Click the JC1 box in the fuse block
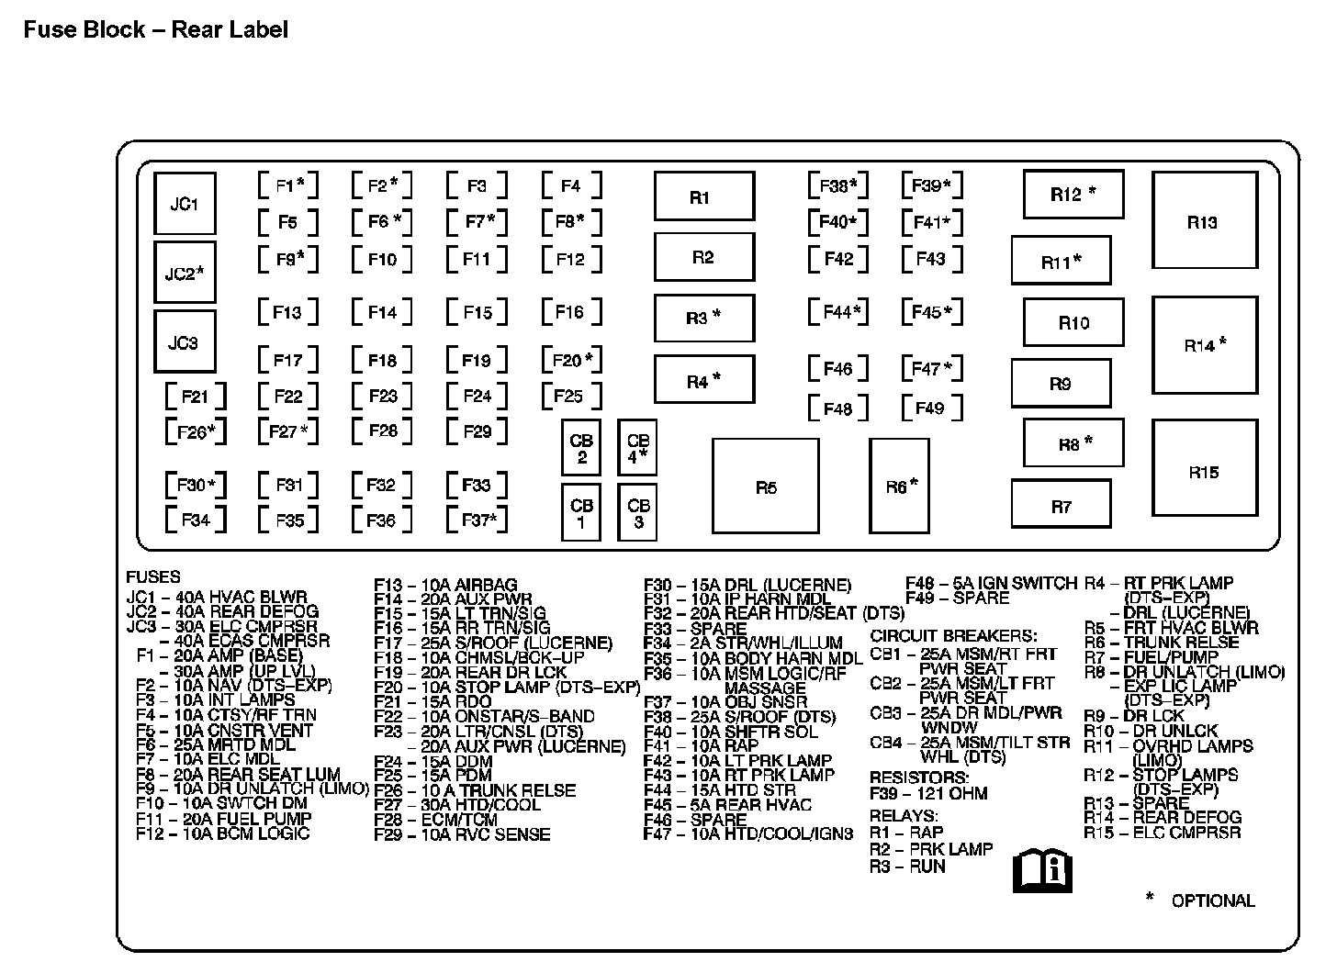coord(185,204)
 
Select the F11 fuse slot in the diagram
coord(477,260)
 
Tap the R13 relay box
coord(1204,222)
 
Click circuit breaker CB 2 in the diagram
coord(581,449)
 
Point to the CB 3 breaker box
coord(638,513)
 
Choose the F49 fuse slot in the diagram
coord(931,408)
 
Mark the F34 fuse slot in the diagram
coord(196,520)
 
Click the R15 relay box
coord(1204,472)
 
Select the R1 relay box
coord(703,197)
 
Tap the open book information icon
coord(1042,869)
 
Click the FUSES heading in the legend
coord(153,577)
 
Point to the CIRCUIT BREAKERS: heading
coord(953,635)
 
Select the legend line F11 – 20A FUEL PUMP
coord(224,819)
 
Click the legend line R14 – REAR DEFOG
coord(1163,817)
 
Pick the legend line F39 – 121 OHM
coord(928,793)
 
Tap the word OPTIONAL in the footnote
coord(1212,900)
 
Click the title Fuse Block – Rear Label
coord(156,29)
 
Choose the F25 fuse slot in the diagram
coord(570,397)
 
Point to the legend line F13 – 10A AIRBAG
coord(445,585)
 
